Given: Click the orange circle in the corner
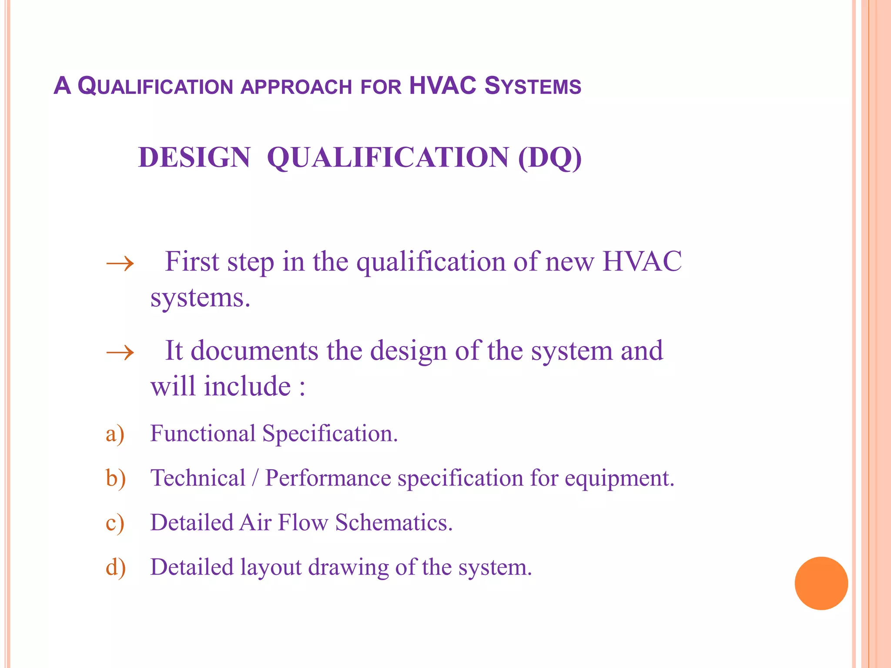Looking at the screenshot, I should point(821,583).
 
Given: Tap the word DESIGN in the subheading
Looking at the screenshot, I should point(194,157).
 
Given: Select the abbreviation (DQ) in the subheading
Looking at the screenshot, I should point(549,157).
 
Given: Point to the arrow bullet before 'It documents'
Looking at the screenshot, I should point(120,352).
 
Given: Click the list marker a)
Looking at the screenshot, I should point(115,434).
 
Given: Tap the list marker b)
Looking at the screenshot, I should point(116,478).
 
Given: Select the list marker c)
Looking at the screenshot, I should point(115,523).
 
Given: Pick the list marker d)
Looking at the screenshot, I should point(116,568).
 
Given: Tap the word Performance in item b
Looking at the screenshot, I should point(328,478).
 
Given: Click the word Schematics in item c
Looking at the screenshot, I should point(394,522).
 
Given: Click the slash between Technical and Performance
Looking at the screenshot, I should point(255,478).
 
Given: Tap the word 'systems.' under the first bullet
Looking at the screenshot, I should point(200,298).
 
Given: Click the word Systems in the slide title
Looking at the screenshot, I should point(533,86).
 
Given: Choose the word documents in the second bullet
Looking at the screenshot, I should point(255,351).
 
